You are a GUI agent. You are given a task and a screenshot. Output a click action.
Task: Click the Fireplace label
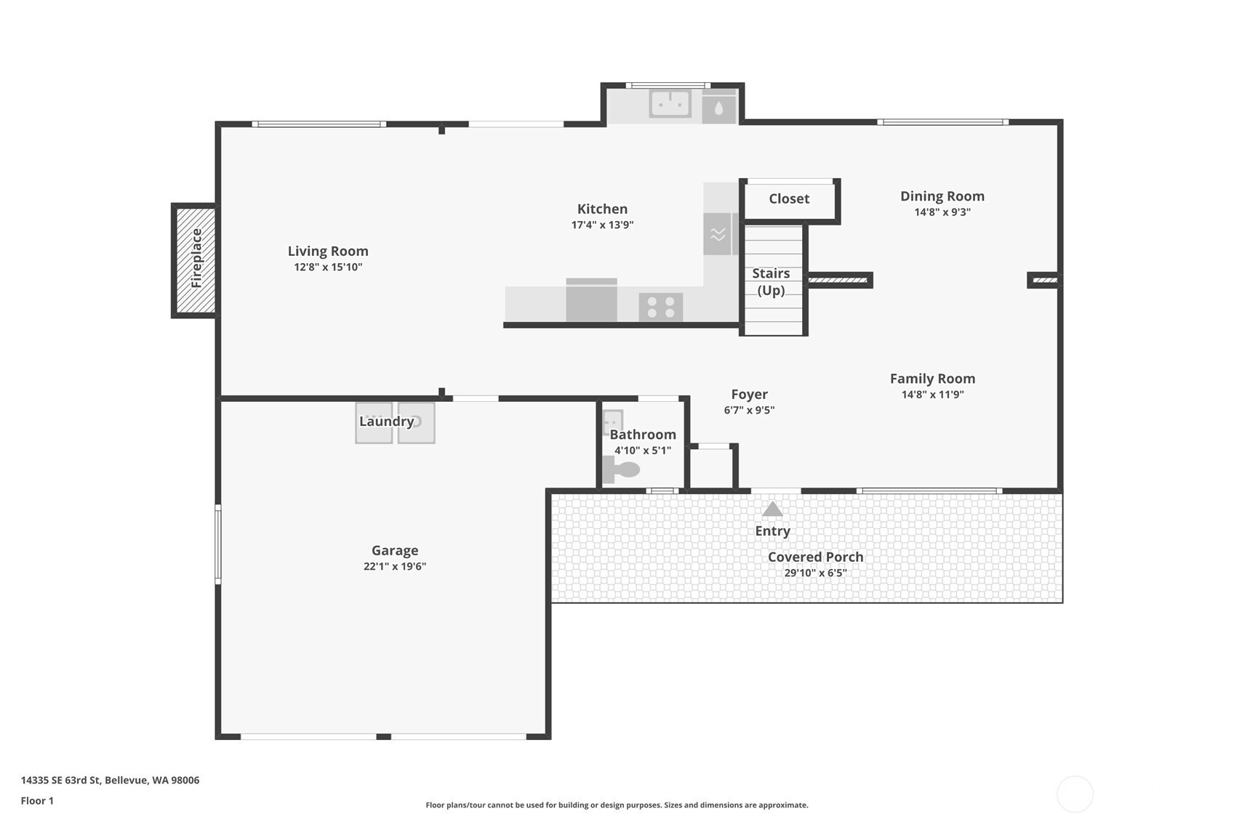click(196, 258)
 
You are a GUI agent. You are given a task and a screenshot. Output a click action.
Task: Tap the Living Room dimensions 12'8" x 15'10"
click(328, 267)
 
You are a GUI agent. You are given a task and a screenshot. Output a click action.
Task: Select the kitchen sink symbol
click(670, 104)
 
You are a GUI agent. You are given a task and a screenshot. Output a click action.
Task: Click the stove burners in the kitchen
click(661, 307)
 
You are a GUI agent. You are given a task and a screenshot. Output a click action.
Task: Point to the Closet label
click(789, 198)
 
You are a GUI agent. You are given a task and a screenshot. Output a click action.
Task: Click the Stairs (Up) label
click(771, 282)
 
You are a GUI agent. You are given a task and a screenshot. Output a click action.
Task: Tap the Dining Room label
click(942, 196)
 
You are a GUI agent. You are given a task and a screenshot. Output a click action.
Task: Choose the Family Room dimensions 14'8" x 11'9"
click(933, 394)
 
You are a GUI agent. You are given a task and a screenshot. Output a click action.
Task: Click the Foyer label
click(749, 394)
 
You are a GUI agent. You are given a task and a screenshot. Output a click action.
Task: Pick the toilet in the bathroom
click(621, 470)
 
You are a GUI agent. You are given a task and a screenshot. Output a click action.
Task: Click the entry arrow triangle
click(772, 509)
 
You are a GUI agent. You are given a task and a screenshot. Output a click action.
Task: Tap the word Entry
click(772, 531)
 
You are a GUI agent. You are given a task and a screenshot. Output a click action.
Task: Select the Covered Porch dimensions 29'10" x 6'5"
click(815, 573)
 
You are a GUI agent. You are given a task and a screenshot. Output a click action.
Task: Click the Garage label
click(394, 551)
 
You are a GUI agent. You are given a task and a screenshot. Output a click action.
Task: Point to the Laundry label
click(386, 422)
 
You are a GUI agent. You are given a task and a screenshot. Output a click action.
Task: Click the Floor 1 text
click(38, 800)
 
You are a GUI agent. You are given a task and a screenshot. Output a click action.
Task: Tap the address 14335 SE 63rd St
click(60, 780)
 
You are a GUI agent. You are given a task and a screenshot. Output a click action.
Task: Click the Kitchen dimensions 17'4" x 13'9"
click(602, 225)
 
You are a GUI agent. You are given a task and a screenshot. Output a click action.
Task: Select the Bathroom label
click(642, 435)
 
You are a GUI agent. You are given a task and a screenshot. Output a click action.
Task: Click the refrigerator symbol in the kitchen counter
click(592, 300)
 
